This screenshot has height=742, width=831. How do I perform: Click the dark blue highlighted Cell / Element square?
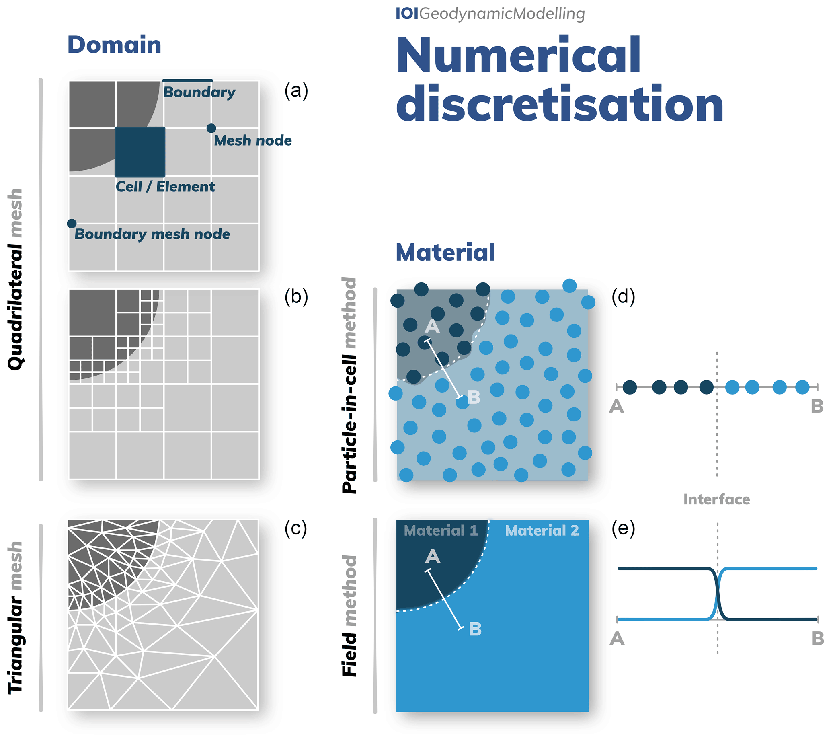pos(140,152)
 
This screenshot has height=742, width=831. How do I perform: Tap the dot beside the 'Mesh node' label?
pos(211,128)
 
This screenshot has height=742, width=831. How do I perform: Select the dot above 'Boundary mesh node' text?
pos(72,224)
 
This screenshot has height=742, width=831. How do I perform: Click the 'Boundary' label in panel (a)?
pos(199,92)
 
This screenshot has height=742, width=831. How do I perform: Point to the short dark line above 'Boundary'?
pos(187,81)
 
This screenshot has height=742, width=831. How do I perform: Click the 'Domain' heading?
pos(114,45)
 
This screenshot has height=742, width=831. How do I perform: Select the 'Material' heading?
pos(445,253)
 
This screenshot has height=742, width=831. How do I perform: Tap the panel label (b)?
pos(296,297)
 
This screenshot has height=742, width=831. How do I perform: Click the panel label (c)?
pos(296,529)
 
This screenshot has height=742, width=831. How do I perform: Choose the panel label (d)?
pos(623,297)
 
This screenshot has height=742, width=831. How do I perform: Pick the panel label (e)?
pos(623,529)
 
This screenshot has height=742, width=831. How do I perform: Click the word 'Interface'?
pos(716,499)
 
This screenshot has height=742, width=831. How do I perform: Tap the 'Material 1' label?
pos(441,530)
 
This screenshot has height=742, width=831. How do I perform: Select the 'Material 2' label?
pos(542,530)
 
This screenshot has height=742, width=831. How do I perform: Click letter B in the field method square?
pos(475,629)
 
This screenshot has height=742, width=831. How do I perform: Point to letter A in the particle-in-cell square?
pos(432,326)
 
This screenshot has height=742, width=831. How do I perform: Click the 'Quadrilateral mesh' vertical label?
pos(16,279)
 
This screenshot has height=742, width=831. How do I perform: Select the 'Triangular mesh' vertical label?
pos(16,618)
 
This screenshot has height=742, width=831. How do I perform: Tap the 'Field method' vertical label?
pos(350,616)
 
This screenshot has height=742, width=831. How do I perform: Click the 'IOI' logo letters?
pos(407,14)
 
